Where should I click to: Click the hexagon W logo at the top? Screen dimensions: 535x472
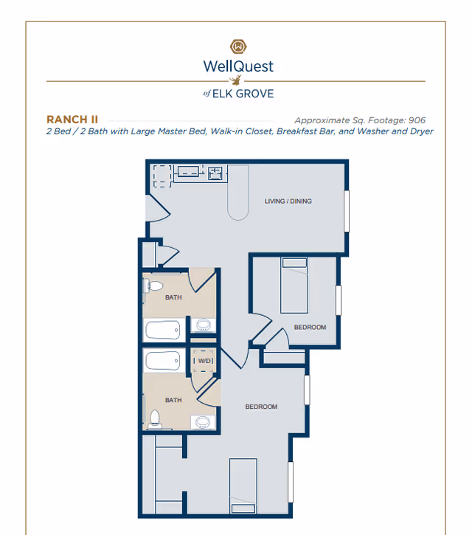[237, 46]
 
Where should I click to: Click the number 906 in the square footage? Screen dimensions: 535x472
[416, 120]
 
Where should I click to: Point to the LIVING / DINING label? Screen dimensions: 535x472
[288, 201]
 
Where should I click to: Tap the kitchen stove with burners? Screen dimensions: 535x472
[215, 173]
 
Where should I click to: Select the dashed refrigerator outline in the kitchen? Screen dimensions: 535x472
[162, 176]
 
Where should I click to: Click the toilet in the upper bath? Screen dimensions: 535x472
[153, 286]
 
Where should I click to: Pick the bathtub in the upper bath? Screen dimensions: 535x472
[163, 330]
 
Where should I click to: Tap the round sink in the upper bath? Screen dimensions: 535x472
[203, 325]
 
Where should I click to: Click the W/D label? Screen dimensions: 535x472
[204, 361]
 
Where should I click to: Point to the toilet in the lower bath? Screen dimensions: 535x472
[154, 418]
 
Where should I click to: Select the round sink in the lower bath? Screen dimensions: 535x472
[204, 422]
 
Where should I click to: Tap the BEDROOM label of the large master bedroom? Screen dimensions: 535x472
[261, 407]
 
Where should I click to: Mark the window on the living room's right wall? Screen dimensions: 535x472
[347, 211]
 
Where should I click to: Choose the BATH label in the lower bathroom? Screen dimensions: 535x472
[173, 400]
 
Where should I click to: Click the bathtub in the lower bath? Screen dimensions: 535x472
[163, 362]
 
